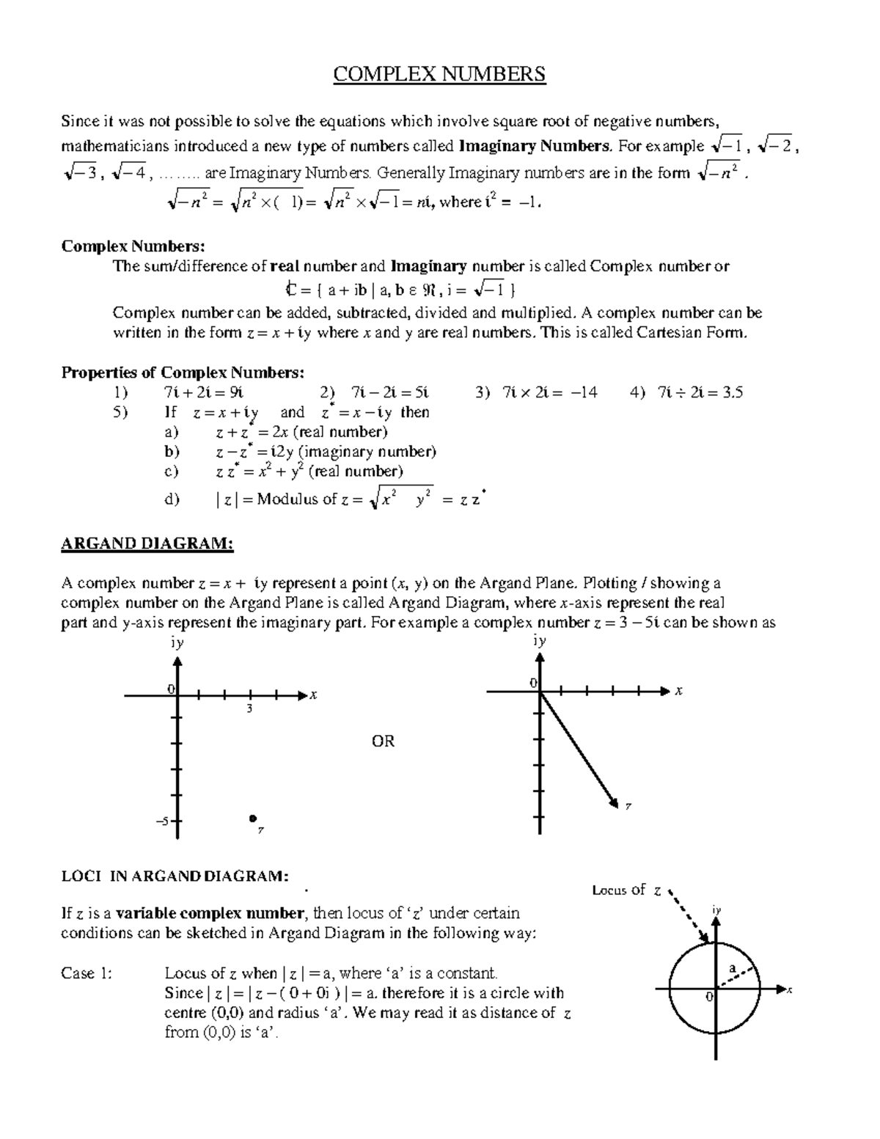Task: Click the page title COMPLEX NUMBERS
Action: pyautogui.click(x=439, y=75)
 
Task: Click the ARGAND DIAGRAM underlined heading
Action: pyautogui.click(x=147, y=543)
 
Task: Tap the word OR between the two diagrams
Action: pyautogui.click(x=383, y=741)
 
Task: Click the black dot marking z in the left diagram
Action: pyautogui.click(x=252, y=818)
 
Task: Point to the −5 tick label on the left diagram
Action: pyautogui.click(x=162, y=821)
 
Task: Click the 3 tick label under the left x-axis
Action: pyautogui.click(x=249, y=708)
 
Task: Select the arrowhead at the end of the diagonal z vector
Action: pyautogui.click(x=615, y=806)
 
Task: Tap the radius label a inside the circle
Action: pyautogui.click(x=731, y=967)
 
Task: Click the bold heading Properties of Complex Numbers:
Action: pyautogui.click(x=182, y=373)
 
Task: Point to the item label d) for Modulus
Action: pyautogui.click(x=172, y=499)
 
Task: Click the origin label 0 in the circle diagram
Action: pyautogui.click(x=708, y=997)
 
